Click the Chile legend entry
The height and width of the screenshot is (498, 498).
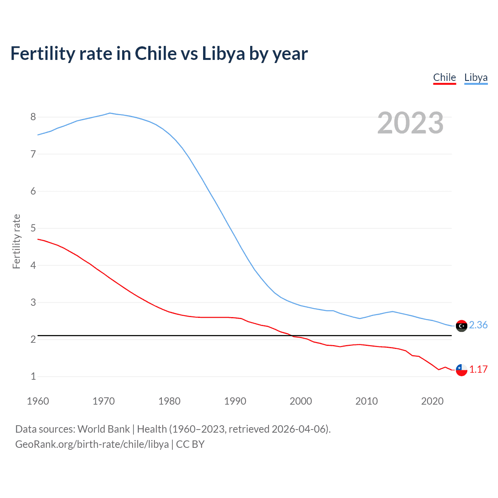[444, 77]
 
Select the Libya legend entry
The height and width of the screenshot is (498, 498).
[476, 77]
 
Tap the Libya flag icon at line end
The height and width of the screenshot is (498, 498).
[461, 326]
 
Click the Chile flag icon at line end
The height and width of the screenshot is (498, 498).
[461, 370]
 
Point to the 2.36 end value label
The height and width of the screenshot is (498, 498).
[478, 325]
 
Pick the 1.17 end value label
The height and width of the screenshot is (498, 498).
[478, 369]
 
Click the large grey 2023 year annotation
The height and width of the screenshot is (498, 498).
[410, 123]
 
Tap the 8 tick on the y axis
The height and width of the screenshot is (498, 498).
[33, 117]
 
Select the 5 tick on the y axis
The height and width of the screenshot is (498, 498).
[33, 228]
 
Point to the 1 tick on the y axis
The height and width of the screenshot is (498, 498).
[33, 376]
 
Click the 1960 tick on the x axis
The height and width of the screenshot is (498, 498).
[38, 401]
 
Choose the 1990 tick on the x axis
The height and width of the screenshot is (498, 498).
[235, 401]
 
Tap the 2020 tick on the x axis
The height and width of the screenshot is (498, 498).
[432, 401]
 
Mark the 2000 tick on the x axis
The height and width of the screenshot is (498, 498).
[301, 401]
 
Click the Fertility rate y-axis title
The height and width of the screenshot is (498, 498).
[16, 241]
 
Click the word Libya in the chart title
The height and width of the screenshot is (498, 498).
[223, 54]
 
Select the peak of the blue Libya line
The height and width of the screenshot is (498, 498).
[110, 113]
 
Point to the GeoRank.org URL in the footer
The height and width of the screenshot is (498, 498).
[92, 444]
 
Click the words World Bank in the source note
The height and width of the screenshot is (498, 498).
[103, 429]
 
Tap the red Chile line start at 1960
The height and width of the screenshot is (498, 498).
[38, 239]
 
